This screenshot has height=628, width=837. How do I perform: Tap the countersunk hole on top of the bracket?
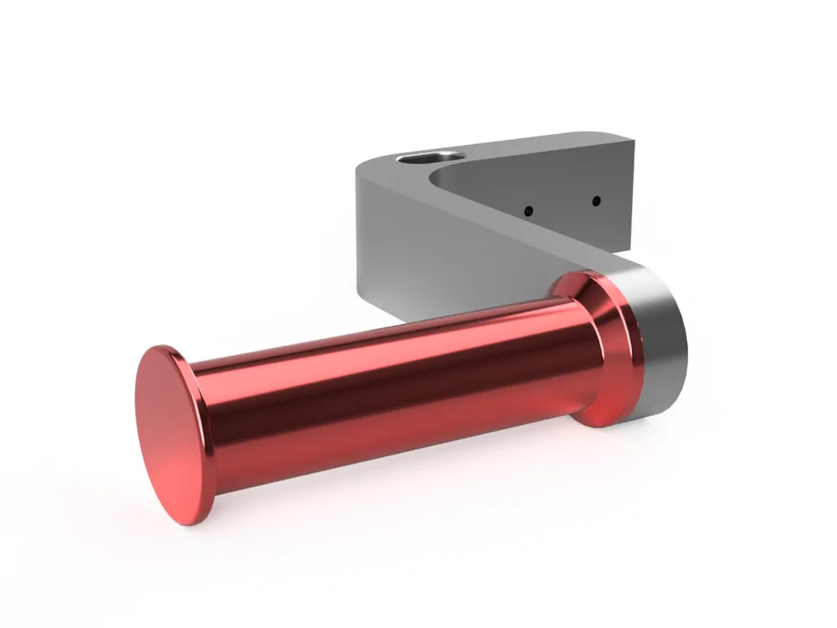[x=428, y=157]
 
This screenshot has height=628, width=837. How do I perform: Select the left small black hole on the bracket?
[x=530, y=210]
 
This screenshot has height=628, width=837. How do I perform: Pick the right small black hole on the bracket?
[x=595, y=200]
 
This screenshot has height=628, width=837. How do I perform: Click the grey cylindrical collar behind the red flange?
[x=661, y=343]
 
